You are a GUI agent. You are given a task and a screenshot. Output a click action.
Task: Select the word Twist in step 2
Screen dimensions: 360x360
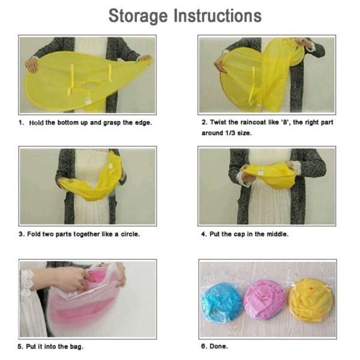(218, 122)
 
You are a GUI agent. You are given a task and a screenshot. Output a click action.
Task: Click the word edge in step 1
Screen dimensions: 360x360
(142, 122)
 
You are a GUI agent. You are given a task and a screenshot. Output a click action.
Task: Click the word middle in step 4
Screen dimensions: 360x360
(276, 233)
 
